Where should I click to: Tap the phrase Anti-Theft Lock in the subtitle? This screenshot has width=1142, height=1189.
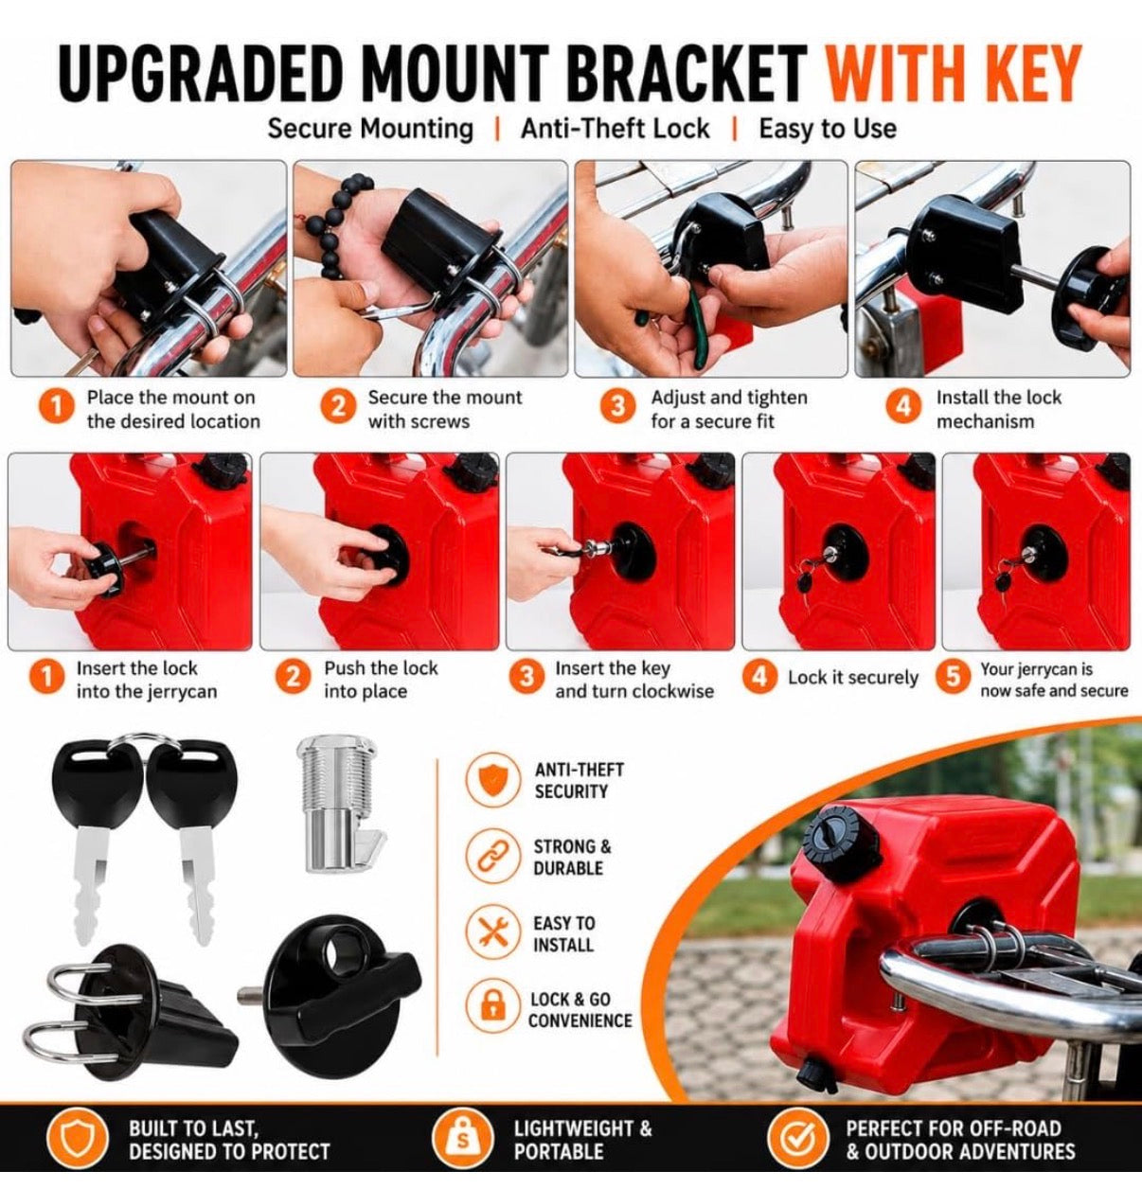click(x=615, y=129)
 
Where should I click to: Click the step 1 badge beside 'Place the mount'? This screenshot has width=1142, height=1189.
click(x=56, y=408)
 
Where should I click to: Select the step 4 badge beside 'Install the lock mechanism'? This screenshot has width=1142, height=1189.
click(x=903, y=406)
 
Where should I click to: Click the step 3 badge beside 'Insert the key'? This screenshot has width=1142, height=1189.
click(x=526, y=678)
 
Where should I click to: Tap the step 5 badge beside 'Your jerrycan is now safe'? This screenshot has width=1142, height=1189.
click(x=953, y=677)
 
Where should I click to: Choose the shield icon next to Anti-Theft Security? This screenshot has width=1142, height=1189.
click(x=491, y=780)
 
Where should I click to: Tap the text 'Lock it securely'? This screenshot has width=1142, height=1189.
click(x=853, y=678)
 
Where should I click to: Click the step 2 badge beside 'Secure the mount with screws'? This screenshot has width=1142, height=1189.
click(x=338, y=407)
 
